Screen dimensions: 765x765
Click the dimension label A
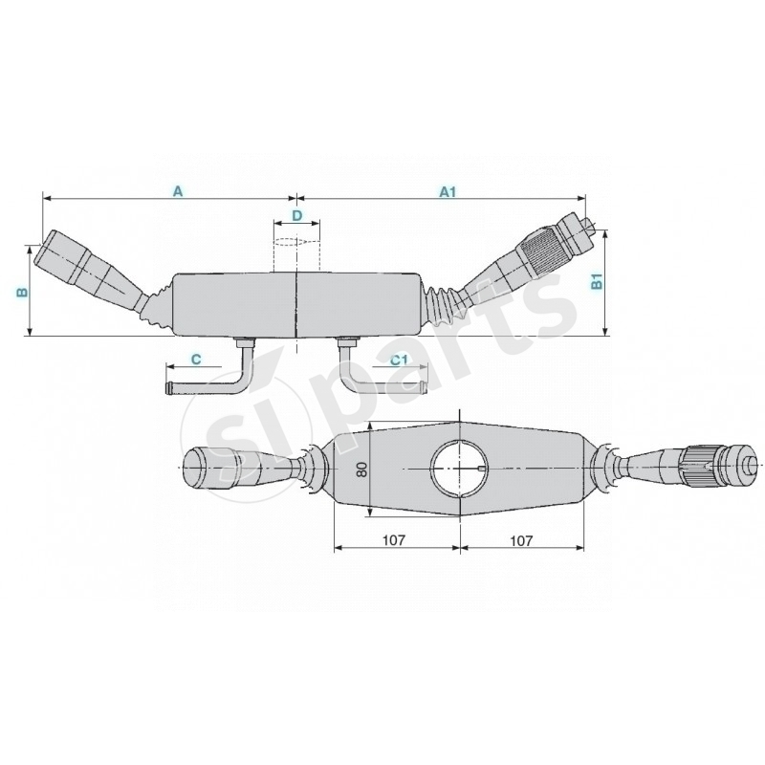coord(177,191)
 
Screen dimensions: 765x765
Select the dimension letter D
coord(296,216)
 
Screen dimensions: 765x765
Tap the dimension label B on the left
coord(22,291)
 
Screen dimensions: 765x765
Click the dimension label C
coord(195,359)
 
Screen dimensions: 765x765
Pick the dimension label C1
coord(400,359)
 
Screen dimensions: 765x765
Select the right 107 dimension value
coord(521,539)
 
